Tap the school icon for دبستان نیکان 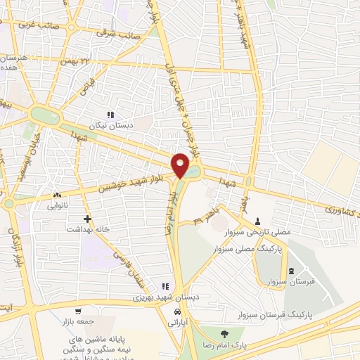(x=110, y=115)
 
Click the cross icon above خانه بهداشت (x=87, y=219)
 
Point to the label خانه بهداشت (x=86, y=229)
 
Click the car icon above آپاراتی (x=179, y=310)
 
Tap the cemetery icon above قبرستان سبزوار (x=291, y=271)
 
